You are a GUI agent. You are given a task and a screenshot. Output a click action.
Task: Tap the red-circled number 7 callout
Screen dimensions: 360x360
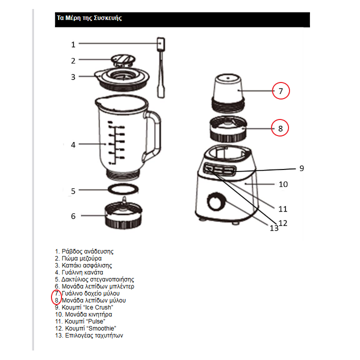(x=281, y=91)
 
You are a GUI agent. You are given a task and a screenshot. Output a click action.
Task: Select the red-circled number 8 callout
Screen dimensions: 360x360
(x=280, y=128)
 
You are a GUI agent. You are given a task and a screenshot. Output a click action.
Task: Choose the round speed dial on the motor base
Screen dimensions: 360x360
(x=216, y=202)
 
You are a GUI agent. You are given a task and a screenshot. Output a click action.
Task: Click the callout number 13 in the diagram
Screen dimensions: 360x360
(x=274, y=228)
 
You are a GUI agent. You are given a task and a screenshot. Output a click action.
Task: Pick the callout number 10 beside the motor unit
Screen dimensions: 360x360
(x=283, y=184)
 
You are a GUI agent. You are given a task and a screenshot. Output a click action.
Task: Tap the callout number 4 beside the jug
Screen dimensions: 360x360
(x=73, y=145)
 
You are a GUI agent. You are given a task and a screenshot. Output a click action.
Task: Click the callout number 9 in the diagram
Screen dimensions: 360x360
(x=301, y=168)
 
